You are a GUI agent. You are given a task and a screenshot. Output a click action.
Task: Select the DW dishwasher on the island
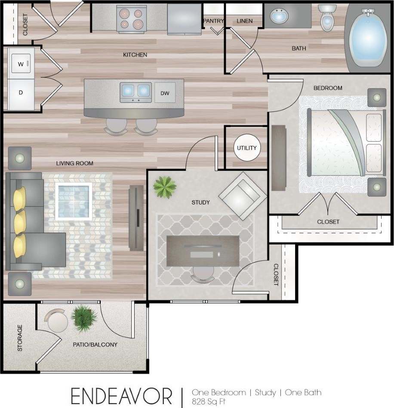click(x=164, y=93)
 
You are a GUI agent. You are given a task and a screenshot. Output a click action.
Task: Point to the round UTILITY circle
click(x=246, y=148)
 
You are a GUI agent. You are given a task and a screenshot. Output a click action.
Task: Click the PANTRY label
click(x=213, y=21)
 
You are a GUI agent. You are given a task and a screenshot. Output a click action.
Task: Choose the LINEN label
click(x=244, y=21)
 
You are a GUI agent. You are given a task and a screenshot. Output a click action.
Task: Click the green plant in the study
click(x=165, y=186)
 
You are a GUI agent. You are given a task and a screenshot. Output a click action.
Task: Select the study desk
click(x=202, y=250)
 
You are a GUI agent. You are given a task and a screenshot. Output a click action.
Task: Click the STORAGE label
click(x=20, y=338)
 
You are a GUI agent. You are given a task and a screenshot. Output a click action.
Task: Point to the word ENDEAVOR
click(x=122, y=395)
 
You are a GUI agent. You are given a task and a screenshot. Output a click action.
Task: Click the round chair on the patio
click(x=58, y=321)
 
